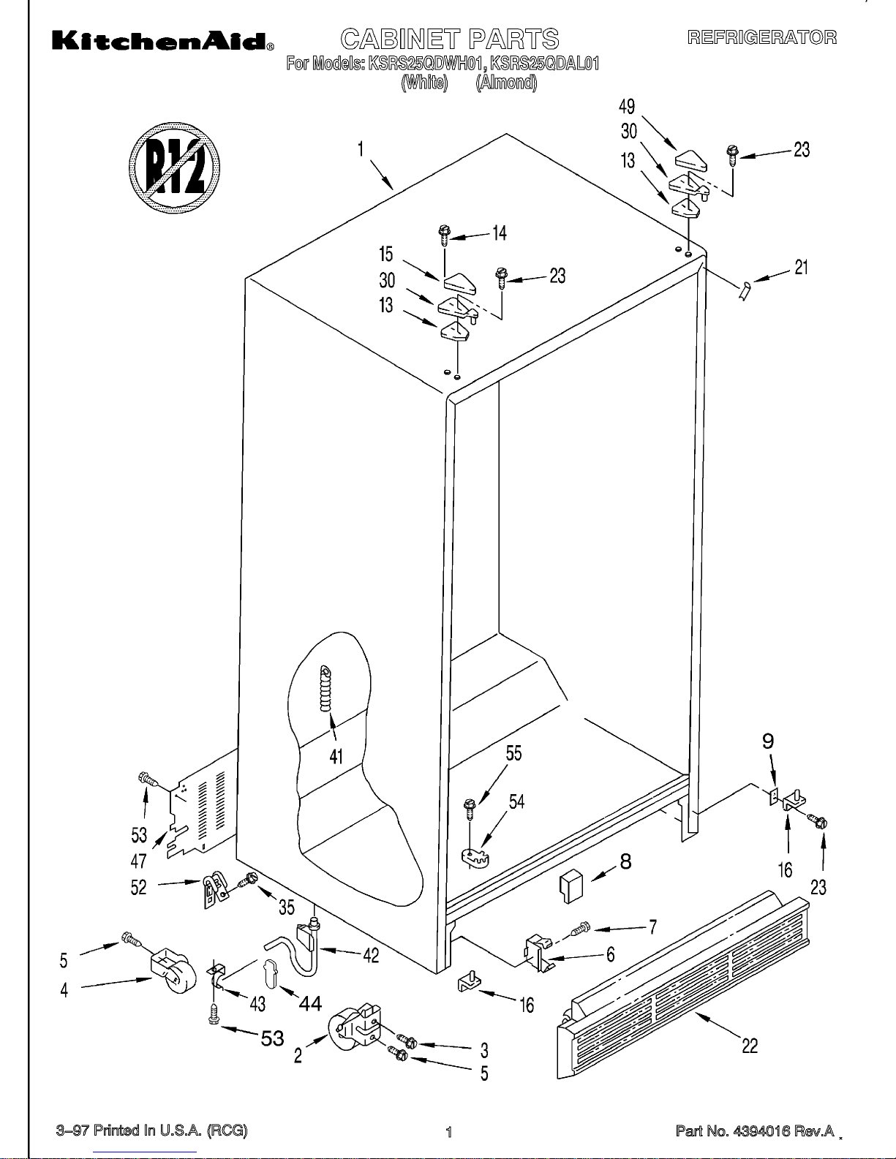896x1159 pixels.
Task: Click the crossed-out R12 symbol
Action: (x=174, y=167)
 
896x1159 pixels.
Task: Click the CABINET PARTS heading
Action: (x=449, y=39)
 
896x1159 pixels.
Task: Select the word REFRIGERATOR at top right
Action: (x=761, y=37)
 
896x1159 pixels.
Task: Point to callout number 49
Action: (x=627, y=107)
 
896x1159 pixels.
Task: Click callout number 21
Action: (x=801, y=268)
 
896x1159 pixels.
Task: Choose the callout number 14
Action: (x=500, y=233)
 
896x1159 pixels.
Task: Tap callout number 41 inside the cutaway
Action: (x=336, y=756)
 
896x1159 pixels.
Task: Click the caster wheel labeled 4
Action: (x=174, y=971)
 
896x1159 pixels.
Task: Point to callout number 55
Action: (x=514, y=754)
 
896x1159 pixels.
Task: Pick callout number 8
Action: (x=626, y=862)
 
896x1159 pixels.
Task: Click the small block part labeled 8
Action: (x=571, y=886)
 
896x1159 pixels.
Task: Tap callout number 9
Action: (x=768, y=741)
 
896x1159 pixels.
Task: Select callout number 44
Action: (x=310, y=1004)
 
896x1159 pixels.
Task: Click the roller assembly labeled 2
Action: (x=354, y=1029)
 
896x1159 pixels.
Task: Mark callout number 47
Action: (x=138, y=861)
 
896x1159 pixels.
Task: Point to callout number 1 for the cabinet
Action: (x=361, y=149)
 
